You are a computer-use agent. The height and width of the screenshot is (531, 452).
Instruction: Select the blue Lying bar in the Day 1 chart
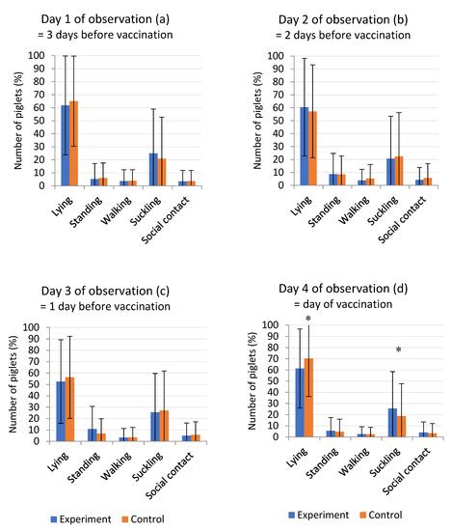[x=65, y=145]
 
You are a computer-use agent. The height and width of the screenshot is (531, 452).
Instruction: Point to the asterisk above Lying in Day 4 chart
[x=308, y=321]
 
